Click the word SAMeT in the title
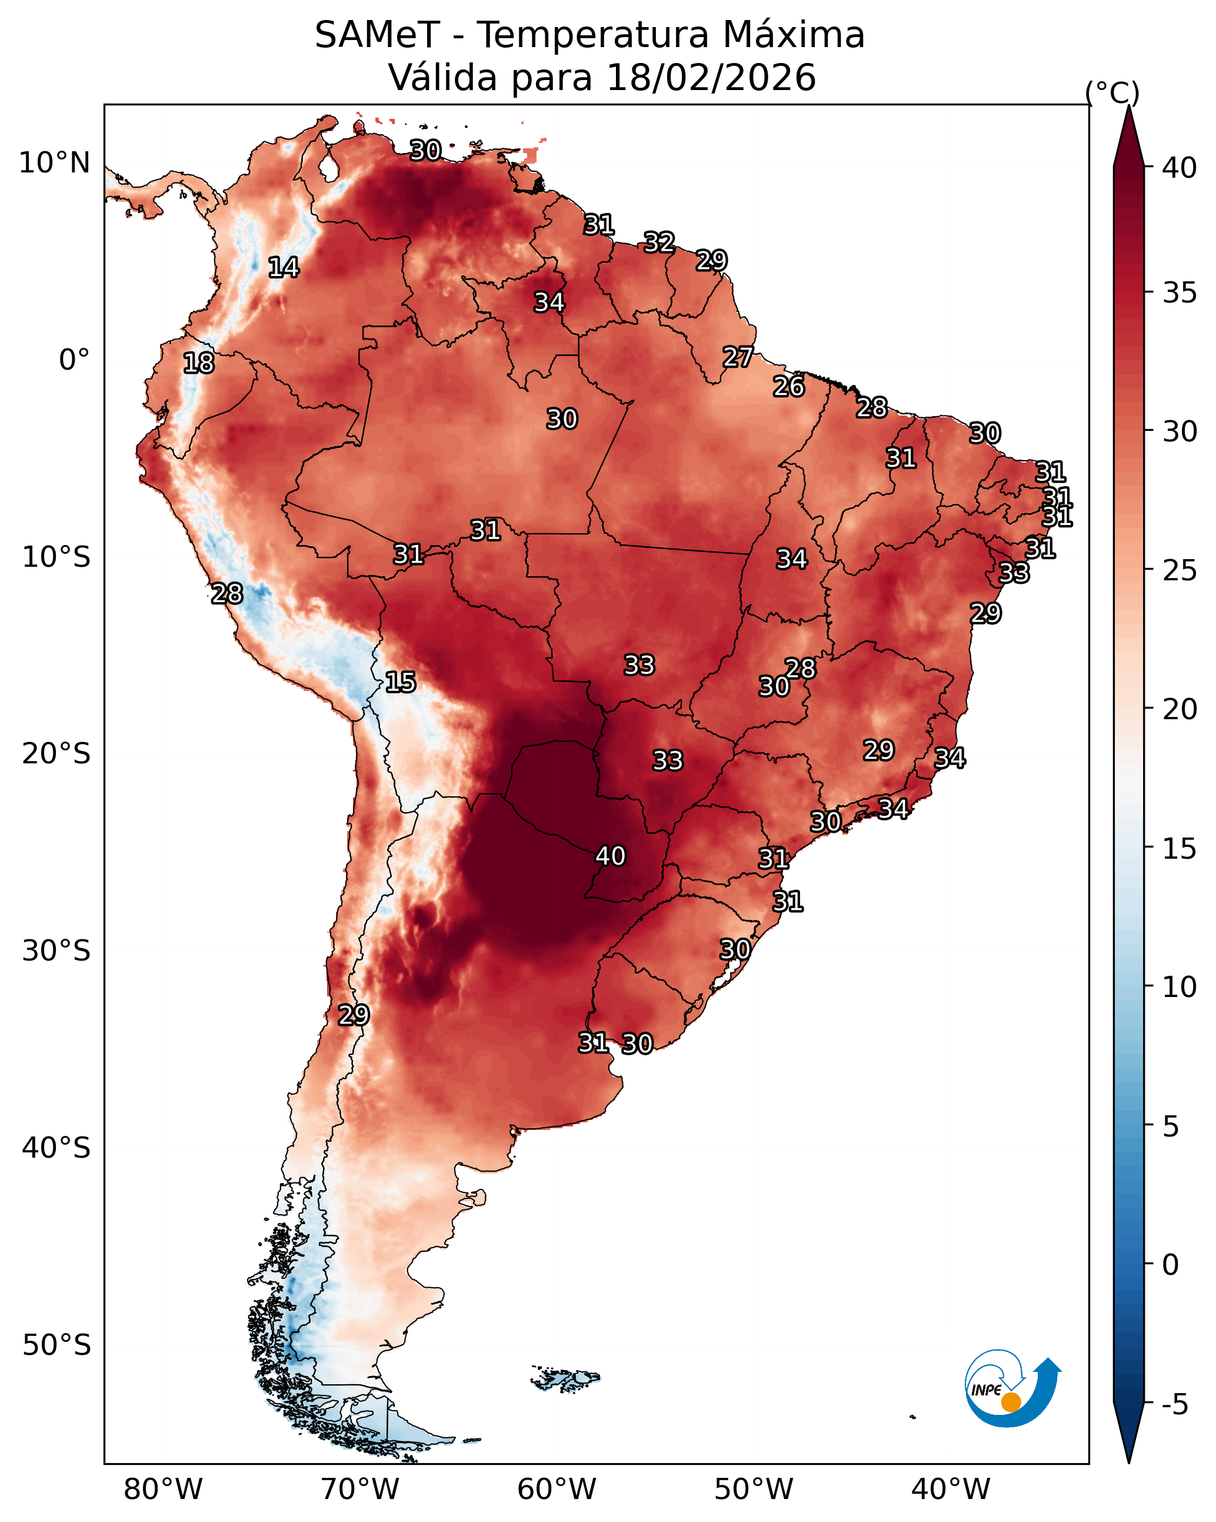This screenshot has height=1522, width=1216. [377, 35]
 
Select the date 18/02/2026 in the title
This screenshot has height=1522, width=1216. [711, 78]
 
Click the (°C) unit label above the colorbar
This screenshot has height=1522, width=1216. [1112, 92]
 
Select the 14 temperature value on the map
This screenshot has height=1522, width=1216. [283, 267]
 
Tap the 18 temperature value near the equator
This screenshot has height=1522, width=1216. [198, 363]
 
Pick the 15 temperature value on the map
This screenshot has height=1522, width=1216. [400, 682]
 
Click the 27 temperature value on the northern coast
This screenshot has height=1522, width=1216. [738, 357]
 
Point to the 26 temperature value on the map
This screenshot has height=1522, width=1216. [788, 386]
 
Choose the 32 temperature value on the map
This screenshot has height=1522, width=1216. [659, 242]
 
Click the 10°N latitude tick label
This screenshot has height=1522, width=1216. [54, 163]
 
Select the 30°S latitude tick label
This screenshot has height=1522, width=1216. [56, 951]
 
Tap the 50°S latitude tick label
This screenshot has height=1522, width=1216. [56, 1345]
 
